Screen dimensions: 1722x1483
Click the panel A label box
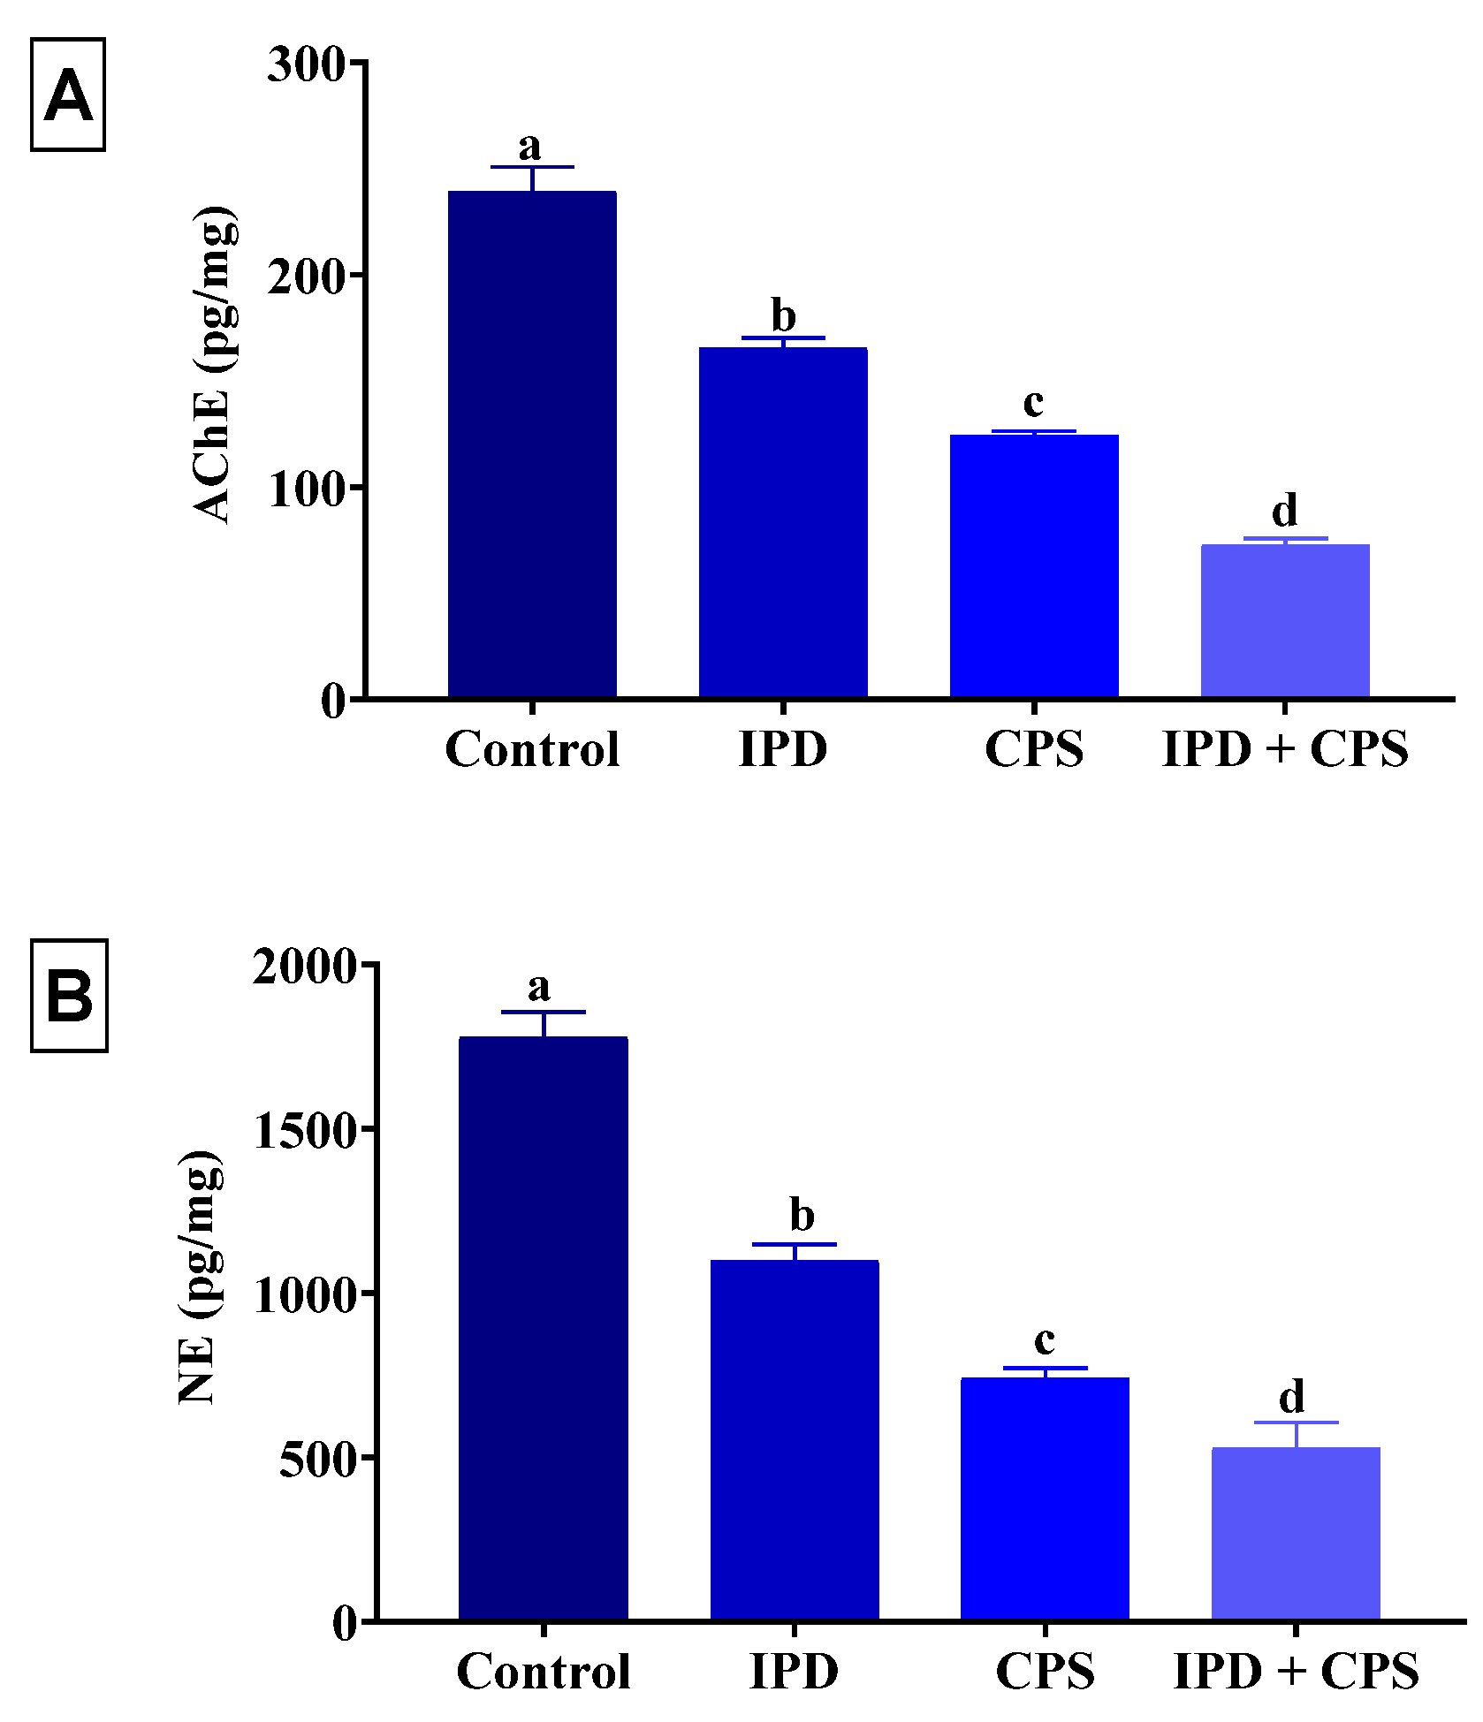(x=68, y=95)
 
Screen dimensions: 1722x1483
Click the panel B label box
(x=69, y=996)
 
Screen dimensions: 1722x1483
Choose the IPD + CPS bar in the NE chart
(x=1296, y=1534)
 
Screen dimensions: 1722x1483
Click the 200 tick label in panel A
(x=306, y=277)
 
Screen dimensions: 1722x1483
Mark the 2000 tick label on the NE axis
(x=304, y=965)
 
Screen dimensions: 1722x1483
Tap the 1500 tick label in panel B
(x=304, y=1130)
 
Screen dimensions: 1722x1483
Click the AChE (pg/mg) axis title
(x=215, y=364)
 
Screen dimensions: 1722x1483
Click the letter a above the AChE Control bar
(x=530, y=144)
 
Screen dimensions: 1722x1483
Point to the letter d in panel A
(x=1285, y=510)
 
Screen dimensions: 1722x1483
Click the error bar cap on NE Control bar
(x=544, y=1012)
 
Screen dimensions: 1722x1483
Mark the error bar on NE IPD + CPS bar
(x=1297, y=1433)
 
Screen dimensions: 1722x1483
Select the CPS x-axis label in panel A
(x=1034, y=749)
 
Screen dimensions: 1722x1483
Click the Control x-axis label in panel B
(x=544, y=1671)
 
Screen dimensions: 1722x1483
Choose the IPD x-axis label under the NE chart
(x=794, y=1671)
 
